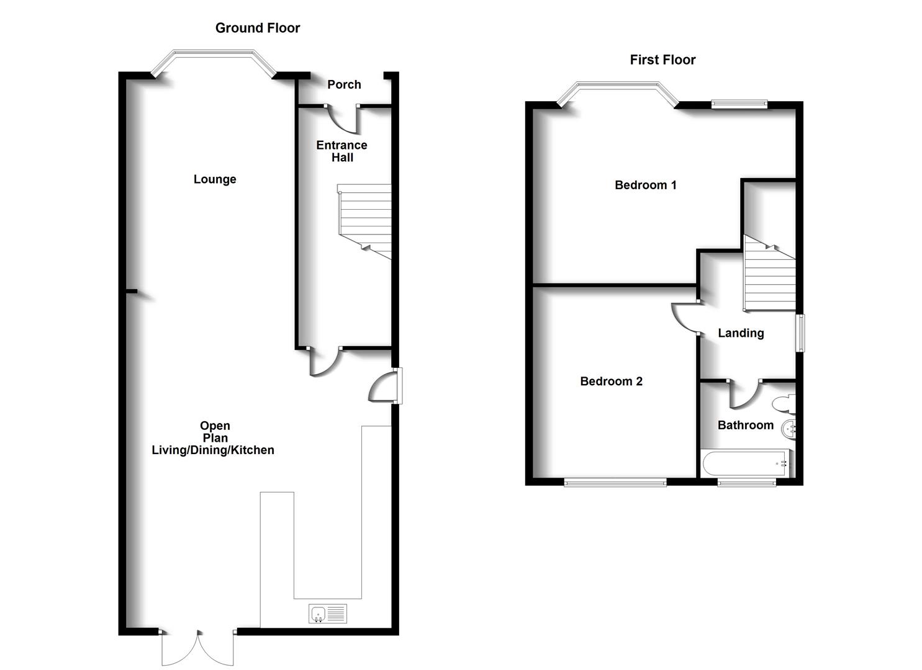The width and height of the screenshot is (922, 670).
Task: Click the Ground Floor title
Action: pos(257,28)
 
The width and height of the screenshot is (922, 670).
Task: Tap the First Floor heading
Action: pos(662,60)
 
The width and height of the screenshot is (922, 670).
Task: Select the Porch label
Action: pos(344,84)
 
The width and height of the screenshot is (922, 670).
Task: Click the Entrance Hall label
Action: pos(341,151)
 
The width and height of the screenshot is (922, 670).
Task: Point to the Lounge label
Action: pos(215,179)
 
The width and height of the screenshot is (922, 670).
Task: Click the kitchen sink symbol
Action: pos(328,614)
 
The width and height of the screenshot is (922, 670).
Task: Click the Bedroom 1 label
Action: pos(645,185)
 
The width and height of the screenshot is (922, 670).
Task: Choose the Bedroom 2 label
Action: pos(611,382)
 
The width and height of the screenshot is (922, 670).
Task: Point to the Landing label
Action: pos(741,333)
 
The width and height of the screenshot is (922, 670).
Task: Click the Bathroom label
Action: pos(745,425)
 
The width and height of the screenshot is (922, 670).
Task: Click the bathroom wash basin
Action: pos(789,428)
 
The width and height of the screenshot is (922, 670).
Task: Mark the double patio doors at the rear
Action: pos(198,648)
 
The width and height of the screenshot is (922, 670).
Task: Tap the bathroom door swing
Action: pos(744,395)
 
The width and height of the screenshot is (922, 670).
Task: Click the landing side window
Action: pos(801,333)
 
